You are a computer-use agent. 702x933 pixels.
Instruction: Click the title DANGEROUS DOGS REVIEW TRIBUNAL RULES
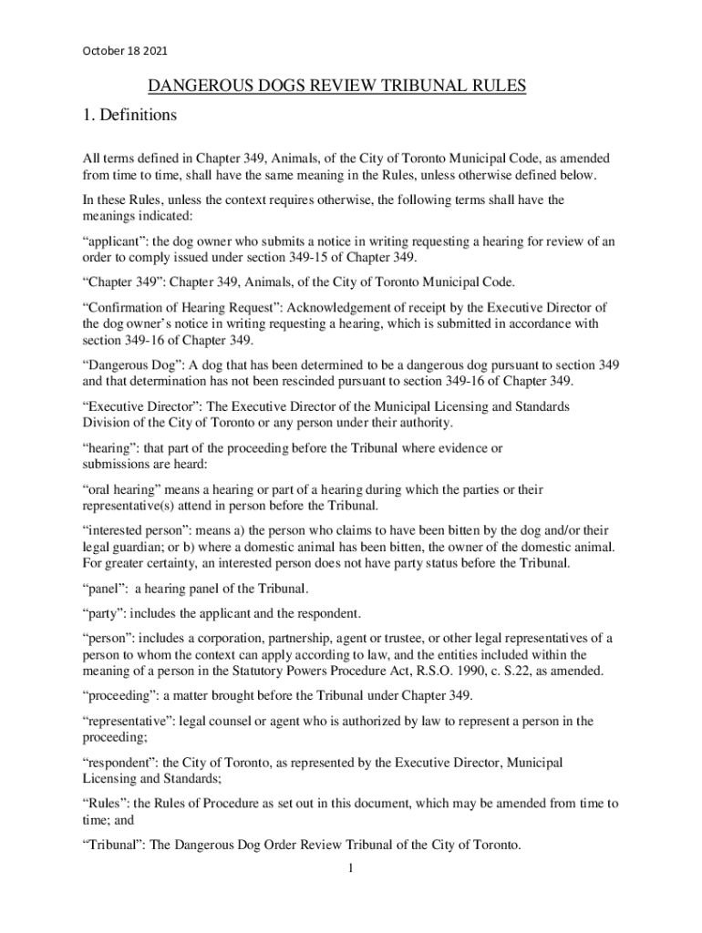338,87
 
